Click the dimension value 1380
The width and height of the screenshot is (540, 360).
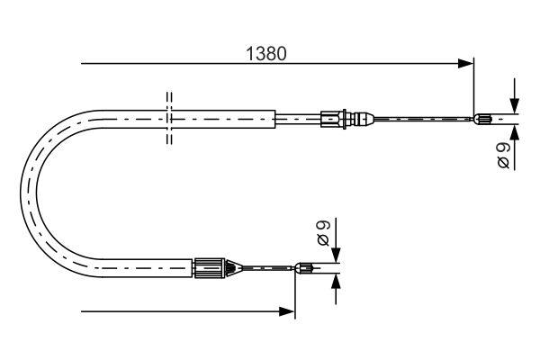[x=266, y=53]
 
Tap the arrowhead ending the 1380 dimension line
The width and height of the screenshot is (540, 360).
[x=465, y=64]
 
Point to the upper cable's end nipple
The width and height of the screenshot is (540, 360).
[x=483, y=117]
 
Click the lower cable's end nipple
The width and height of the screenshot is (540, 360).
[x=306, y=266]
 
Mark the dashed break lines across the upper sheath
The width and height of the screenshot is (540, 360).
[x=168, y=117]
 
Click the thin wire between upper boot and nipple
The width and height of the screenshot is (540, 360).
[x=423, y=117]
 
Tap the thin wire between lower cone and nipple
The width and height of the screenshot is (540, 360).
[x=268, y=266]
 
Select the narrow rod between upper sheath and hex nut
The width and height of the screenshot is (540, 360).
[x=297, y=117]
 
